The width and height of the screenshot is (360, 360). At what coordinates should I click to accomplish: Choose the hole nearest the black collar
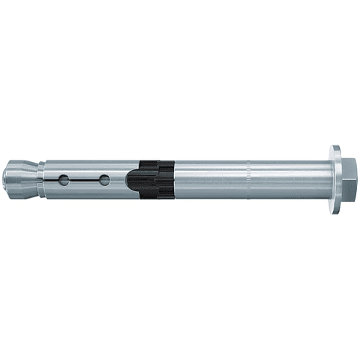(104, 180)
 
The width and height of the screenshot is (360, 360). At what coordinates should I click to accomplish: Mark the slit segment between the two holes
(85, 180)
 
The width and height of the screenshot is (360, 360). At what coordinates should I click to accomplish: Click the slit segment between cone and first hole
(54, 180)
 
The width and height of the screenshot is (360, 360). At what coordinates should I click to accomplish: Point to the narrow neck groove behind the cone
(43, 181)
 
